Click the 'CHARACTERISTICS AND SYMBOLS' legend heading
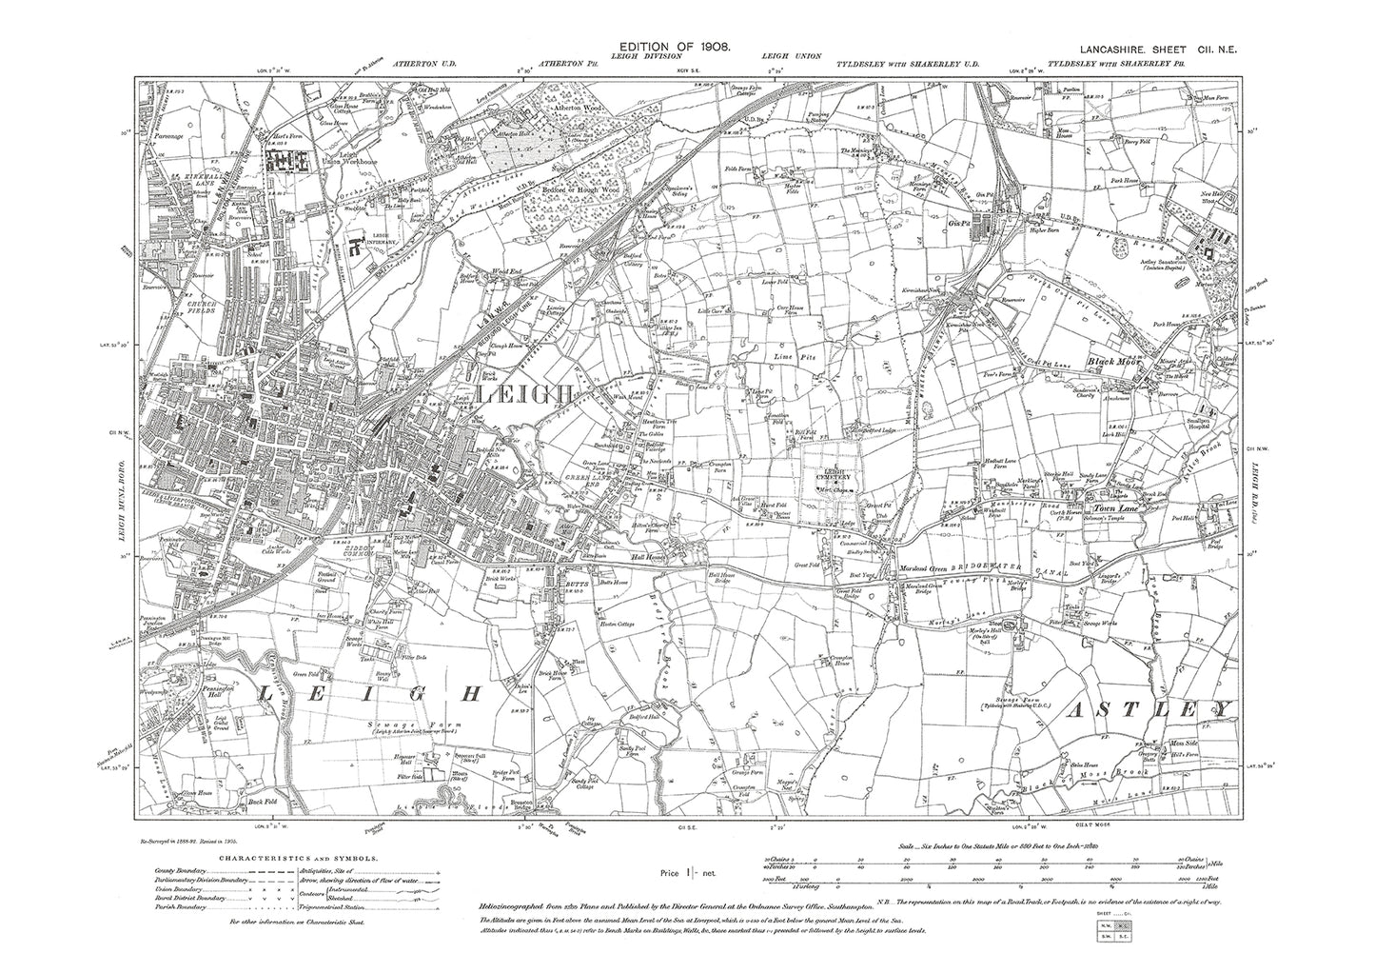coord(298,857)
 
